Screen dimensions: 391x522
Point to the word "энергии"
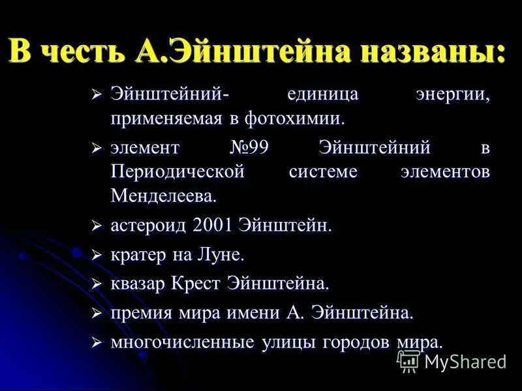pos(453,95)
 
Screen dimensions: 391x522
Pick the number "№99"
pos(249,148)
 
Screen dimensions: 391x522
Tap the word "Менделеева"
pos(162,195)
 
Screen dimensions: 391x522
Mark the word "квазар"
pos(137,284)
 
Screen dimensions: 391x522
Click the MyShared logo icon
pos(408,360)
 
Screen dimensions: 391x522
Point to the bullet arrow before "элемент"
pos(97,149)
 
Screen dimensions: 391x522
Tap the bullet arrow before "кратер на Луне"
pos(97,255)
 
